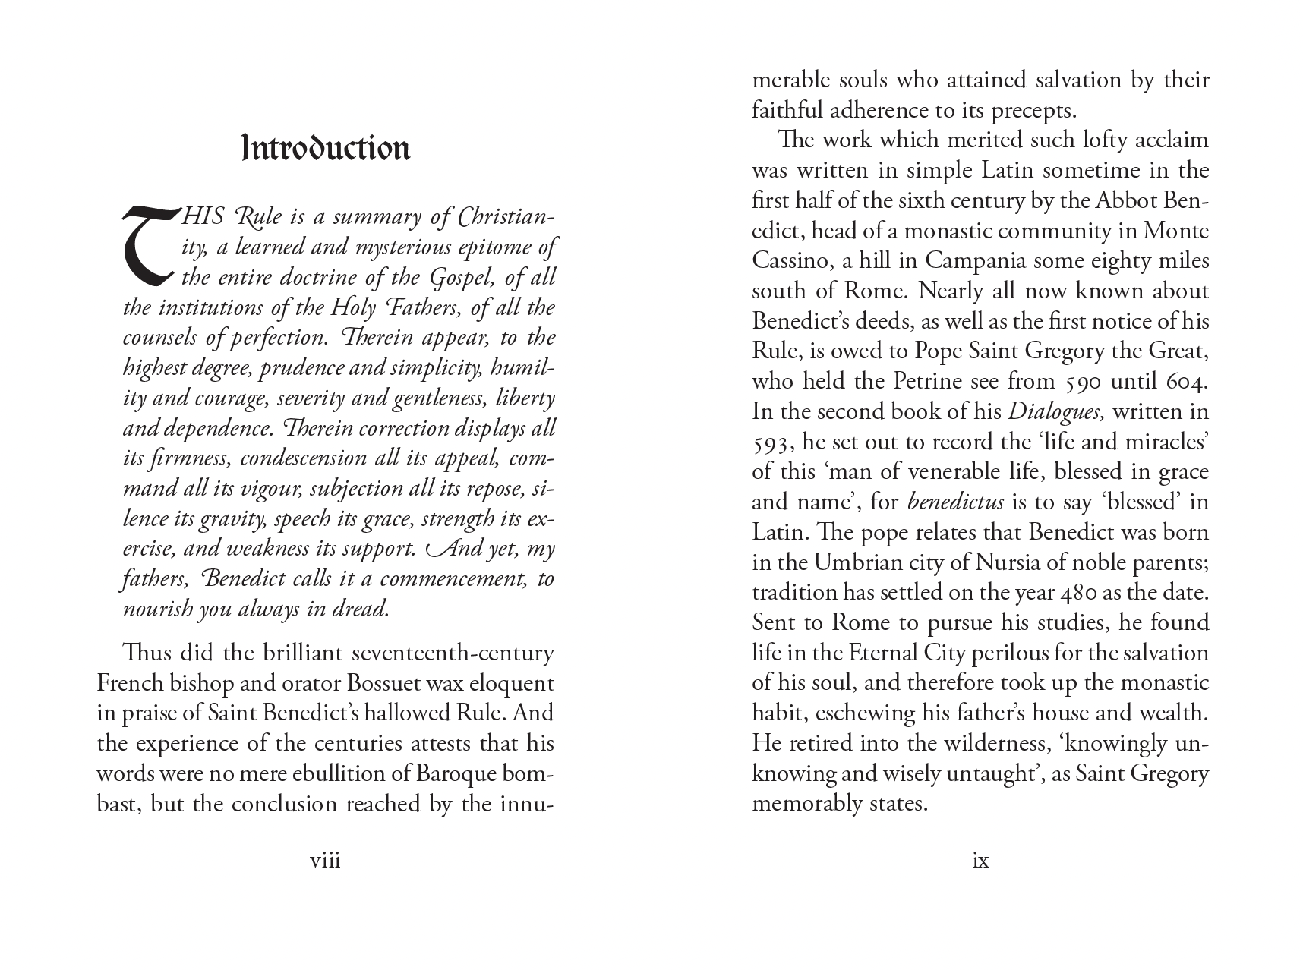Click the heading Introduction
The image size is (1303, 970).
pyautogui.click(x=326, y=149)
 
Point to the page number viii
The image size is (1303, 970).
pyautogui.click(x=325, y=861)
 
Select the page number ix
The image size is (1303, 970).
pyautogui.click(x=980, y=861)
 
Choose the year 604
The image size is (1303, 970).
pyautogui.click(x=1186, y=381)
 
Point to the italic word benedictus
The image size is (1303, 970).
pyautogui.click(x=955, y=502)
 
